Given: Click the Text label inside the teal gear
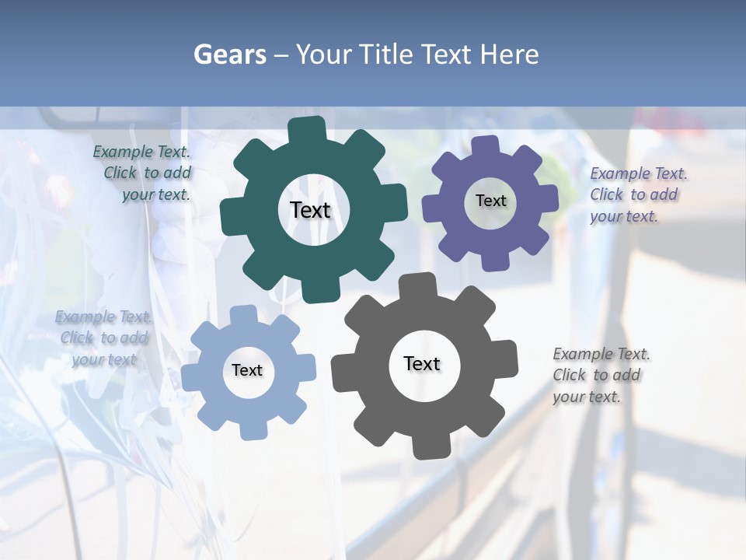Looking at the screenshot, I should coord(310,210).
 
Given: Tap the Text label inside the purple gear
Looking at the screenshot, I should coord(490,201).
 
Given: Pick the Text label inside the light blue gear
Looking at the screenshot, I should coord(247,370).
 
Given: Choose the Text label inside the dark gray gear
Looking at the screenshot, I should coord(422,363).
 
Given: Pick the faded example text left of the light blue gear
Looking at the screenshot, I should coord(103,338).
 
